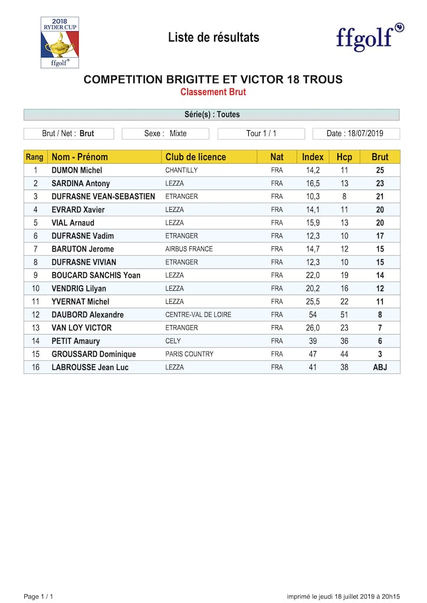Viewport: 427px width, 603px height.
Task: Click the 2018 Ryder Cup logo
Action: click(60, 42)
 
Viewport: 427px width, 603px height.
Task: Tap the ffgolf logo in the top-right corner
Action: click(370, 37)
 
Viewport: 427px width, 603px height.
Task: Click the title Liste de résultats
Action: click(213, 38)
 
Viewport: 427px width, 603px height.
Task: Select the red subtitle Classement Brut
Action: click(213, 92)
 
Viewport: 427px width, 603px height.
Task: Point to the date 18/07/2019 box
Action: click(356, 134)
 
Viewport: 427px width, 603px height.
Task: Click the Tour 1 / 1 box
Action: click(261, 134)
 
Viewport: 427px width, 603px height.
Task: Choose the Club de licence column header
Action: click(195, 157)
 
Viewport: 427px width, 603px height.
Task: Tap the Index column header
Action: click(313, 157)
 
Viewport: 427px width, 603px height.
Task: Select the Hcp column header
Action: click(344, 157)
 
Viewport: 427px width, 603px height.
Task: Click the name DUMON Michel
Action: click(77, 170)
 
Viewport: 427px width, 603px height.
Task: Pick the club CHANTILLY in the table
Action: click(181, 170)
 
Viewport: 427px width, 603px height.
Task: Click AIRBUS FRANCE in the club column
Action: click(189, 249)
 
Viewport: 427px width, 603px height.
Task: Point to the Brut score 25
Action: click(380, 170)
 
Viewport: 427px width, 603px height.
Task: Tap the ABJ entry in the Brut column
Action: click(380, 367)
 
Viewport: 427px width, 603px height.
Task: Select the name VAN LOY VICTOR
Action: click(81, 328)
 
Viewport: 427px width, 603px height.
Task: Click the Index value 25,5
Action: click(313, 301)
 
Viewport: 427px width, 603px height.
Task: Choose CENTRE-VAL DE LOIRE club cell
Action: click(198, 315)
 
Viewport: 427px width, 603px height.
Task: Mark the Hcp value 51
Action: click(344, 315)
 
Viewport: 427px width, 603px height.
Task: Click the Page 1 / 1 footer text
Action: click(38, 597)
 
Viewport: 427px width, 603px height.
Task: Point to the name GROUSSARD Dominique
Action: click(94, 354)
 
